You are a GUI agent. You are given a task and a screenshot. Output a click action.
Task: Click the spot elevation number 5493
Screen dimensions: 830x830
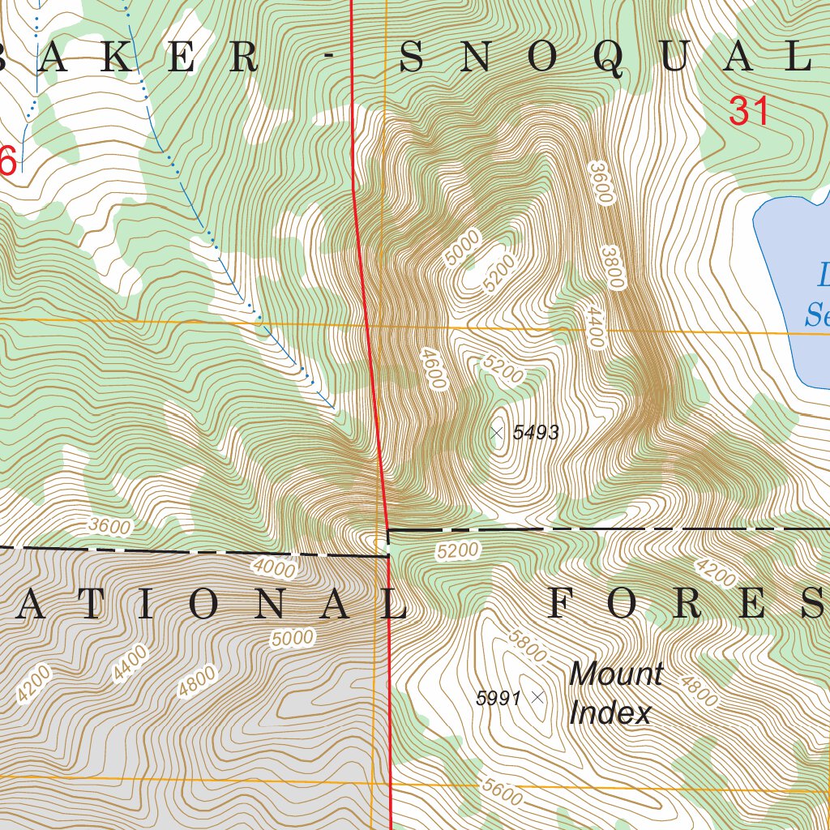[536, 433]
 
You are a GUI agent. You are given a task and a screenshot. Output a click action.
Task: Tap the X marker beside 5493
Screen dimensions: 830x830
[497, 434]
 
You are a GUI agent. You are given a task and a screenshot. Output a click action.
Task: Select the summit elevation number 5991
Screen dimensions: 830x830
[498, 698]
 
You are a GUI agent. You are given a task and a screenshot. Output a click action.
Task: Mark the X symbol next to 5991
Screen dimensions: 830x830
[537, 696]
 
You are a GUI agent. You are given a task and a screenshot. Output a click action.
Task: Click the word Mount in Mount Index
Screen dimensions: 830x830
[616, 674]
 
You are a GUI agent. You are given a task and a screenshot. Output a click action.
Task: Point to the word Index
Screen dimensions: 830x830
[610, 713]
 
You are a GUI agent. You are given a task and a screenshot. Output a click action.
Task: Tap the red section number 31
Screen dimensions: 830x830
[748, 112]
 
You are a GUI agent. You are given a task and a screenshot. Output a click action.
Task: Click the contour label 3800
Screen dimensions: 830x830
[613, 267]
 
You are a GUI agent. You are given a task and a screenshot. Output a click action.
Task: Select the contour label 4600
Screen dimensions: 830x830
[435, 370]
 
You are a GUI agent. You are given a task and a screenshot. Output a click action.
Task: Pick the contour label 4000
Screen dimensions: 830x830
[274, 567]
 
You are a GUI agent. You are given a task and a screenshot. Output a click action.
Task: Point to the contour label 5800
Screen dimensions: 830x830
[527, 645]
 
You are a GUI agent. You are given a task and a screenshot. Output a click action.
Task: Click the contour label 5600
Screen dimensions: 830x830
[501, 791]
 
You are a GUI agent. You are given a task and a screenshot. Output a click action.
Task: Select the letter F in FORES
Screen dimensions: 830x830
[562, 605]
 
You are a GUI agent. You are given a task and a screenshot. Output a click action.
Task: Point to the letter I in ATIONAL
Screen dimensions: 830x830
[143, 605]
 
